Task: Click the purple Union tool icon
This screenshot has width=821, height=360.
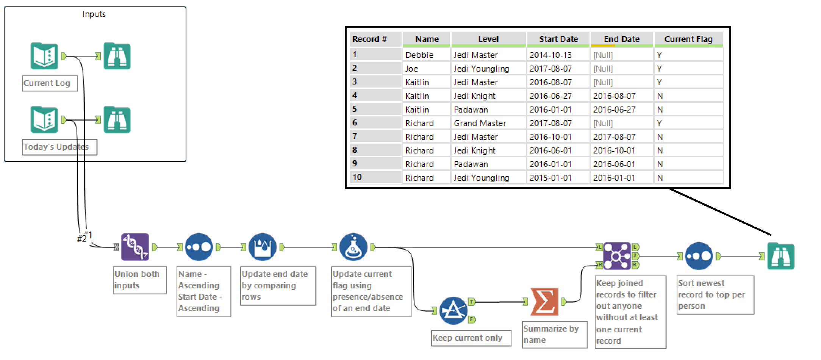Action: click(x=135, y=247)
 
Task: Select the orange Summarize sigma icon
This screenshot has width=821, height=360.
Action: click(x=544, y=302)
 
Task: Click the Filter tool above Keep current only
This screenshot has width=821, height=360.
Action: click(x=453, y=310)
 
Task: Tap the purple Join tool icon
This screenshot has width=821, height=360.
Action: click(x=617, y=256)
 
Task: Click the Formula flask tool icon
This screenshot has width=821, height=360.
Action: click(x=353, y=247)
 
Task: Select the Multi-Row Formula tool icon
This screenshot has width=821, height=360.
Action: click(x=262, y=247)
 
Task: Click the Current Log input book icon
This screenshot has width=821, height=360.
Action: click(x=44, y=56)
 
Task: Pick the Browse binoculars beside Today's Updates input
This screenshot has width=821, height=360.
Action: click(x=117, y=120)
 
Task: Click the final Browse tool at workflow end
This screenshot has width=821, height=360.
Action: click(x=780, y=256)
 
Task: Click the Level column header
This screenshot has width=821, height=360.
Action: click(x=488, y=39)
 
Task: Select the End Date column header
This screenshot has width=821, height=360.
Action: click(x=621, y=39)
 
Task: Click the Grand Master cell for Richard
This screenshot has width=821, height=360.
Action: click(x=480, y=123)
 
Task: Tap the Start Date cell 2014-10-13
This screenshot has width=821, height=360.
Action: click(x=550, y=55)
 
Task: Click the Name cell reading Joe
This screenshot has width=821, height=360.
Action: click(x=412, y=69)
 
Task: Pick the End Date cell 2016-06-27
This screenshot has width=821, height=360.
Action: click(x=614, y=110)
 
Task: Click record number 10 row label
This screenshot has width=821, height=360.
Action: click(x=357, y=177)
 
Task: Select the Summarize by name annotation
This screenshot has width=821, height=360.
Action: click(x=551, y=334)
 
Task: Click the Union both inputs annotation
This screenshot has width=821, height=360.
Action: click(x=137, y=280)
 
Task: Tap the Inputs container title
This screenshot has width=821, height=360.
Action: click(x=94, y=14)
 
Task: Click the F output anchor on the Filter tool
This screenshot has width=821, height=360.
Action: click(x=472, y=319)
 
